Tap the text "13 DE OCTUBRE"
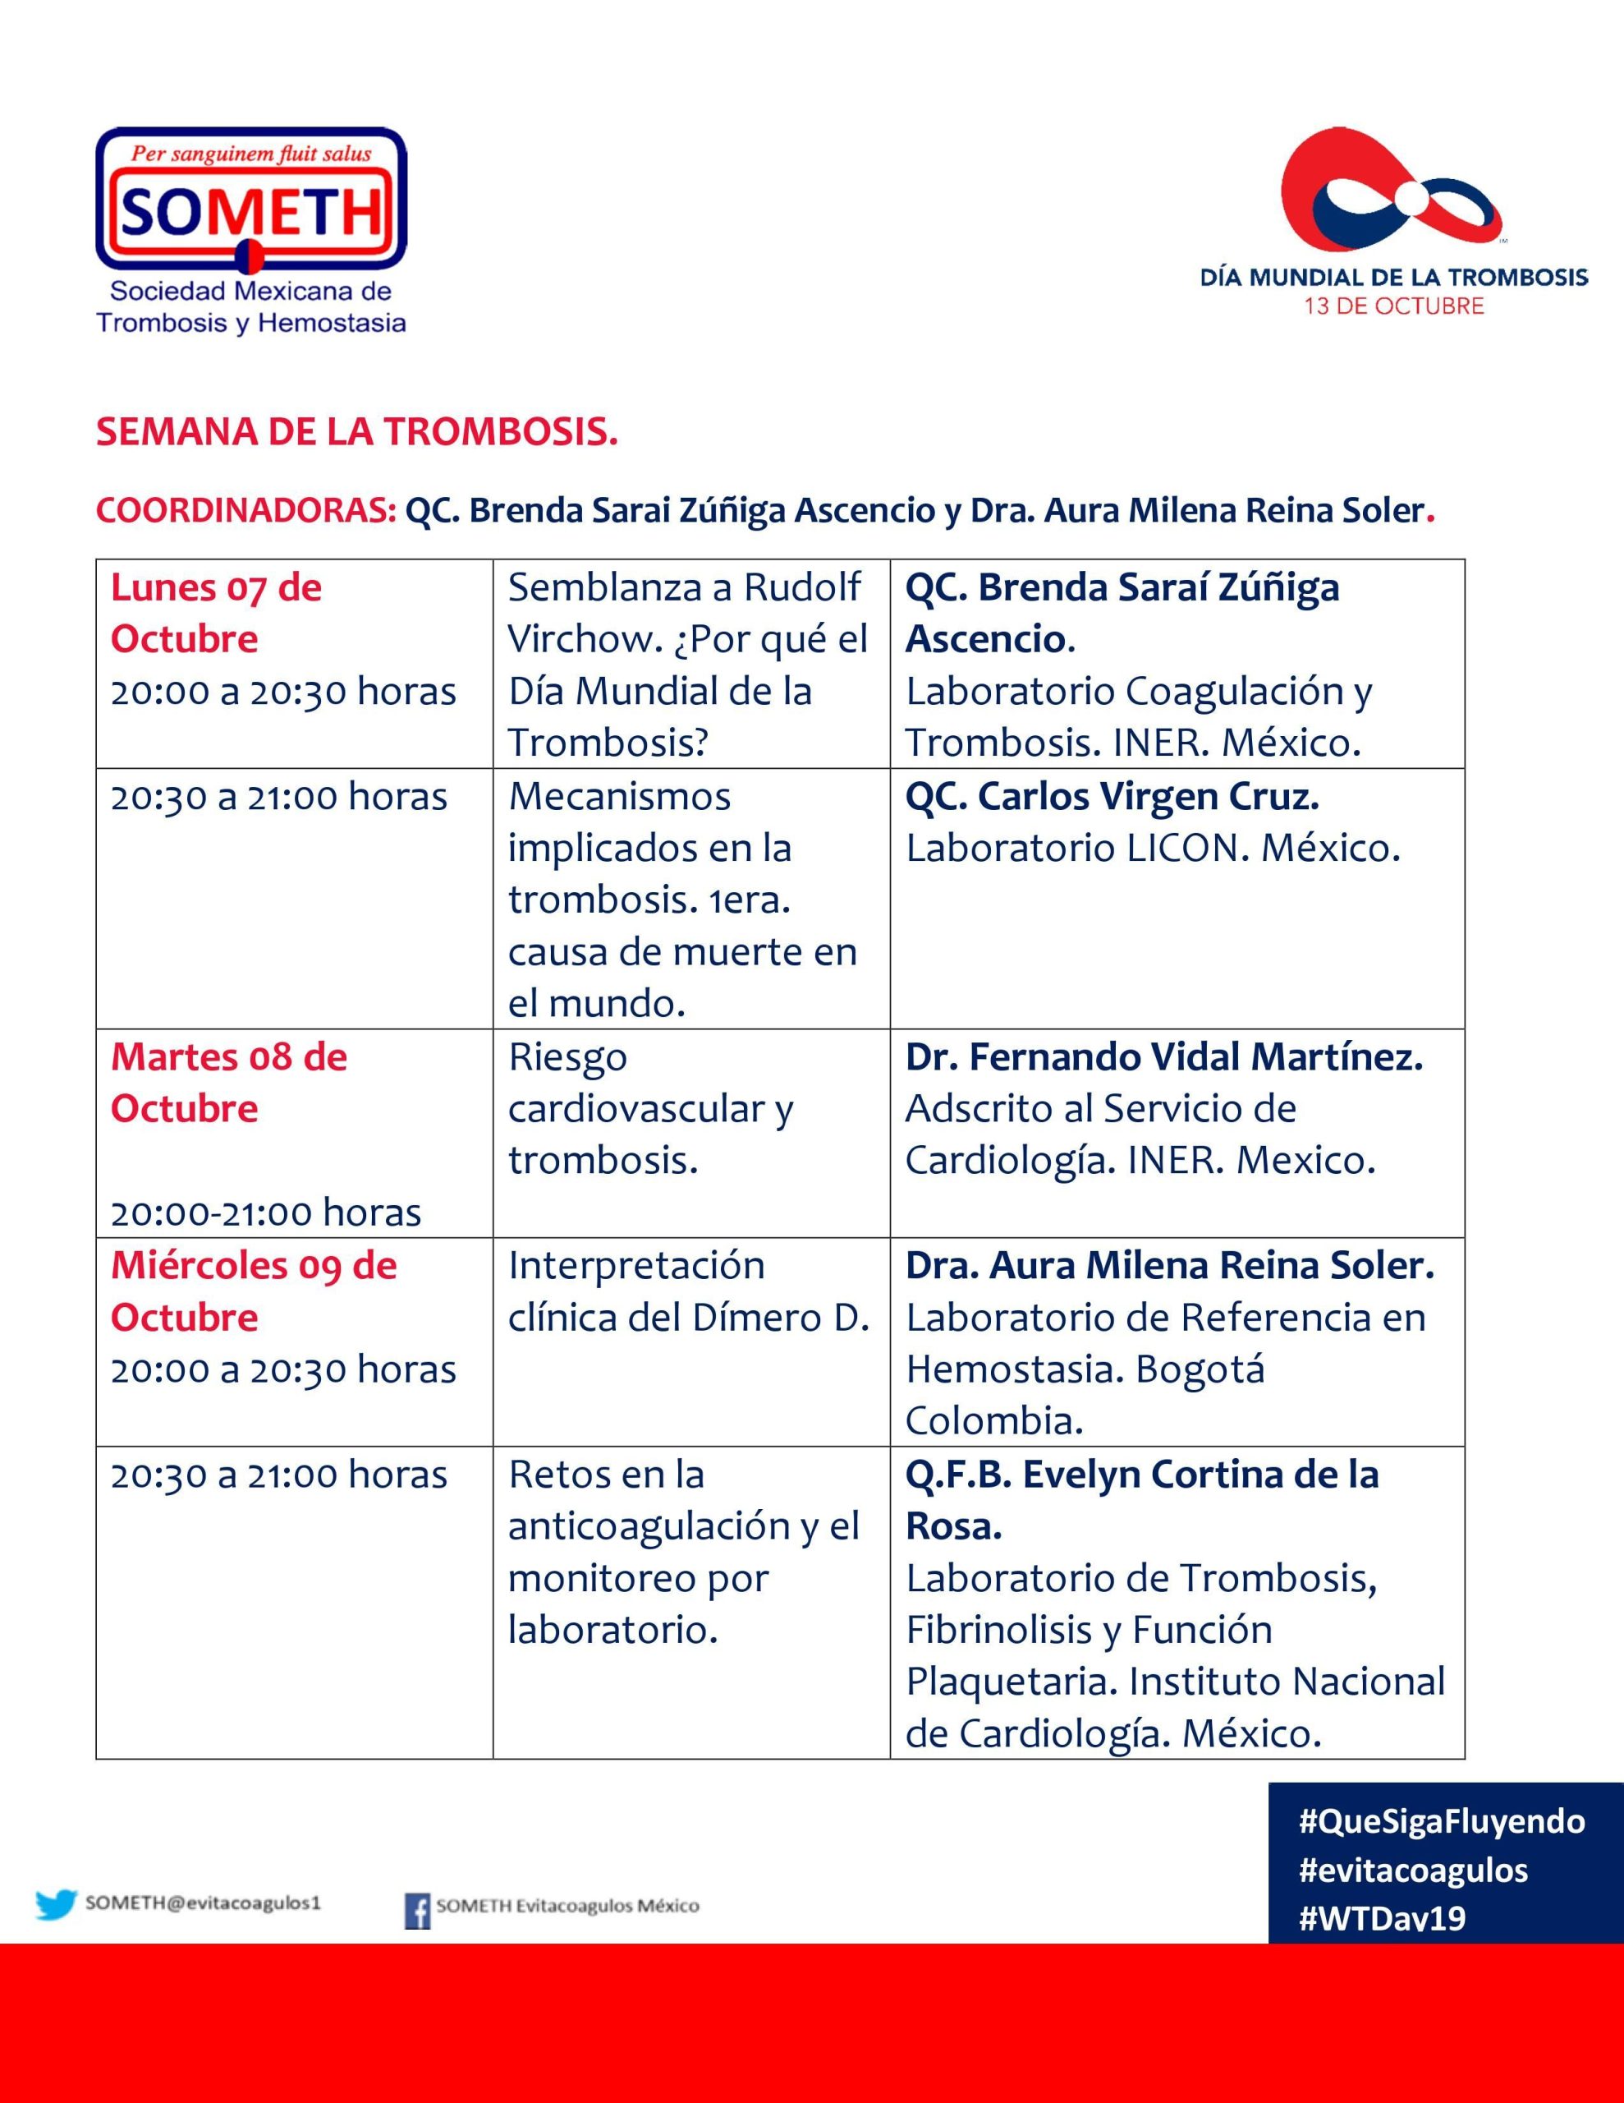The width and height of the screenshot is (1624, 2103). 1393,306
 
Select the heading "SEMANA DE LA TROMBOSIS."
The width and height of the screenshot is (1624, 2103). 356,432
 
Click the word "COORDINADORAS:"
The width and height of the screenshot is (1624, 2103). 245,510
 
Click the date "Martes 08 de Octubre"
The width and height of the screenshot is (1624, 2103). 228,1083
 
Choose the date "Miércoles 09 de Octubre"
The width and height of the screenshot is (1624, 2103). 253,1291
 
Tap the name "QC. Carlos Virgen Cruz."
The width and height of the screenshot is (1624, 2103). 1112,796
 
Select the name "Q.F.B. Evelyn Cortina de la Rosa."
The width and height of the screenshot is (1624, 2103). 1142,1499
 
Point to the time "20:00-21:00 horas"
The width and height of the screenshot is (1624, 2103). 266,1213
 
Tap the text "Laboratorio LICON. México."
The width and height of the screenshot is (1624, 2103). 1152,849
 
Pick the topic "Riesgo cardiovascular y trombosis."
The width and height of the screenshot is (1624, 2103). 651,1108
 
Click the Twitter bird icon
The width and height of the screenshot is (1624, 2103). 56,1905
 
